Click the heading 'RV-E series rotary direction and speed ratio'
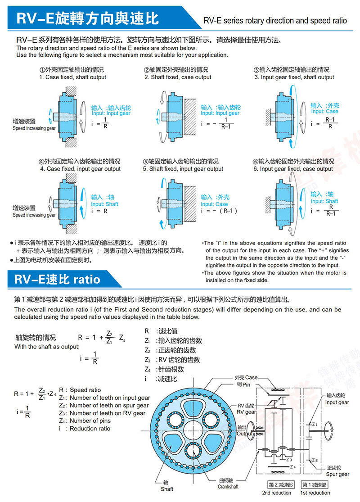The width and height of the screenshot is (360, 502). [x=275, y=21]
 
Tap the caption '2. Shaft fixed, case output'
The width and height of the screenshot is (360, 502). [x=178, y=77]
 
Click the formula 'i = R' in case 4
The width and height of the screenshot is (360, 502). [x=99, y=211]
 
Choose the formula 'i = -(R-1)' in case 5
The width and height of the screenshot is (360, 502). [x=219, y=211]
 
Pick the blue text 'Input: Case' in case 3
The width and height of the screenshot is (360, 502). [x=324, y=112]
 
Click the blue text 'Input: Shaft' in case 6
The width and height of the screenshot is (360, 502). [x=324, y=201]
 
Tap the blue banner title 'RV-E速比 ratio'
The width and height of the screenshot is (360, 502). [x=57, y=279]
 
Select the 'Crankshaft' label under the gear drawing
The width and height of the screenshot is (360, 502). [x=228, y=487]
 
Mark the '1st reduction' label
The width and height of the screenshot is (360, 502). [x=315, y=493]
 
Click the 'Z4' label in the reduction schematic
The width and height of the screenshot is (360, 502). [x=292, y=467]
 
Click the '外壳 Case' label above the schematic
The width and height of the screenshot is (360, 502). [x=246, y=377]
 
